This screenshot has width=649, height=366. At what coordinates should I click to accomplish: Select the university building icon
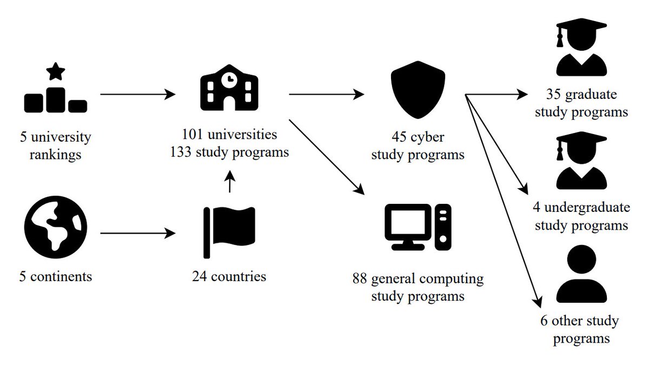coord(229,89)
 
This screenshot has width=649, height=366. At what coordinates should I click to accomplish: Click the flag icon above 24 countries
coord(229,232)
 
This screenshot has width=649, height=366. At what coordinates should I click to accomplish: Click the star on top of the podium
coord(54,71)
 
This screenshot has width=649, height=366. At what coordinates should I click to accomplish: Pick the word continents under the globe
coord(62,277)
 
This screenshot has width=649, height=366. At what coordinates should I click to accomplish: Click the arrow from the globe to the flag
coord(138,234)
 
